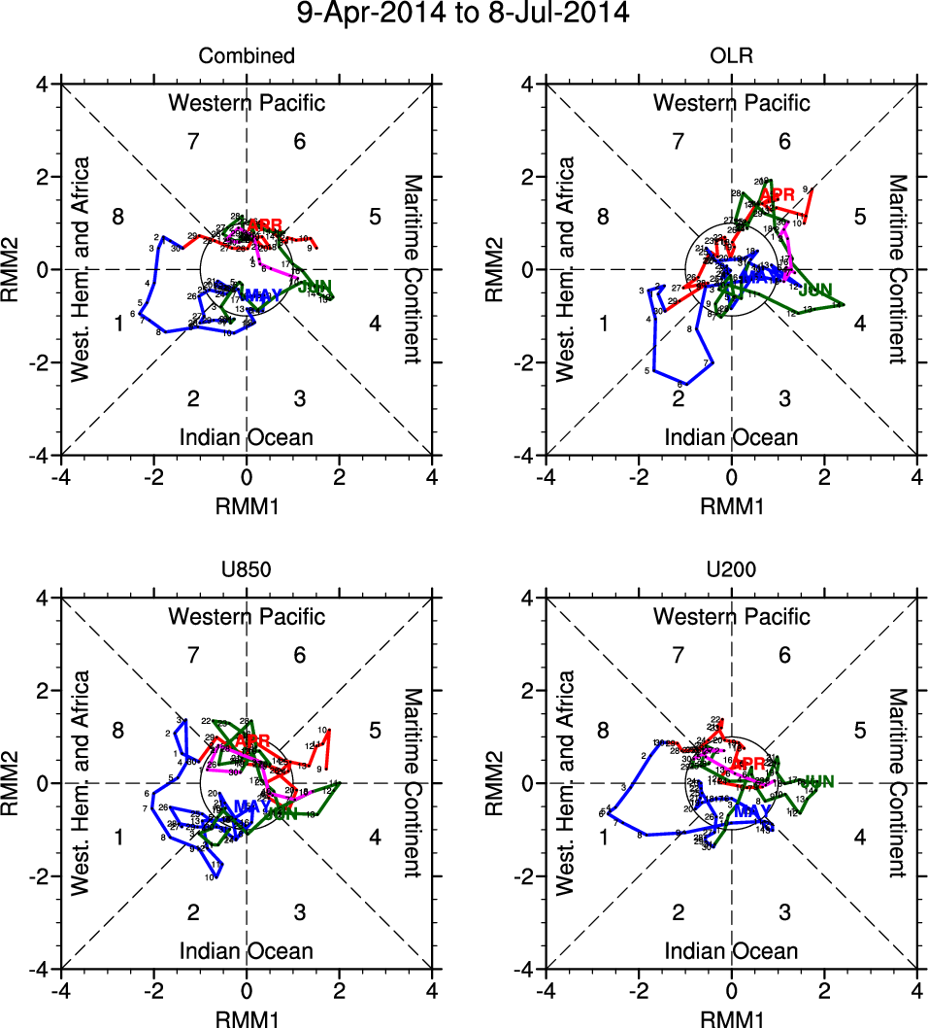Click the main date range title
[463, 14]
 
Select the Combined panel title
[247, 56]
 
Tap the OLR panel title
[731, 56]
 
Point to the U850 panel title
[247, 570]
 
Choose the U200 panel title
[731, 570]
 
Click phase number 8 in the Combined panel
[117, 216]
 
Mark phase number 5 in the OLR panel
[859, 216]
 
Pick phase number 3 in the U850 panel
[300, 911]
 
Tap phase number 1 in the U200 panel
[603, 837]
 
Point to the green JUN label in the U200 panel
[819, 781]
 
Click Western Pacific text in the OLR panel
[731, 103]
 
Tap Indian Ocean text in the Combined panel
[247, 437]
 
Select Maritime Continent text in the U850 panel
[414, 783]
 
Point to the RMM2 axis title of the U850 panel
[15, 783]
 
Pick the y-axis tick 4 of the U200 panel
[531, 599]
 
